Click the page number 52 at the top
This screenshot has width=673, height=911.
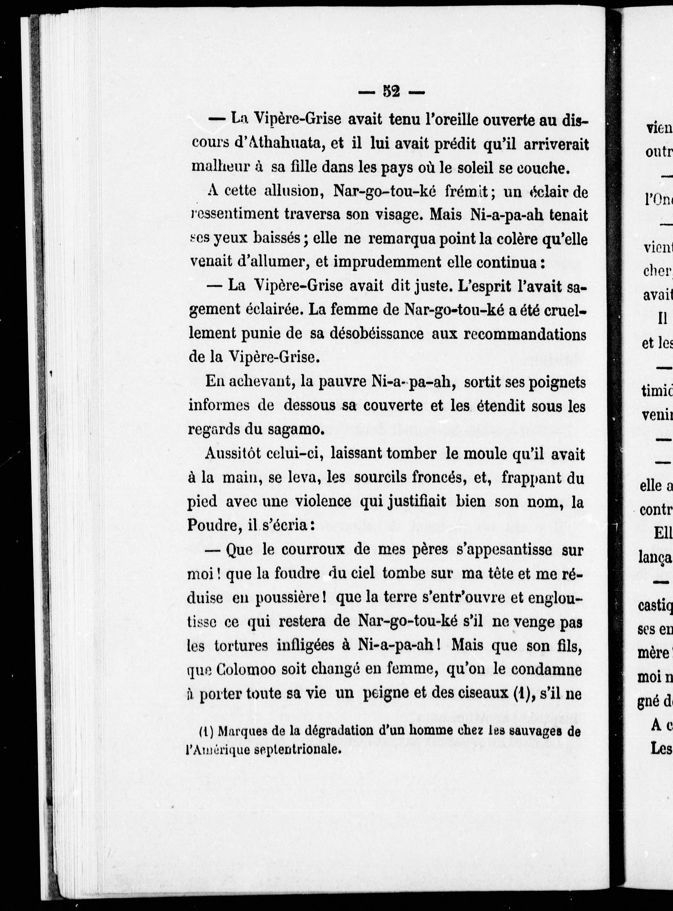[x=391, y=92]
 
